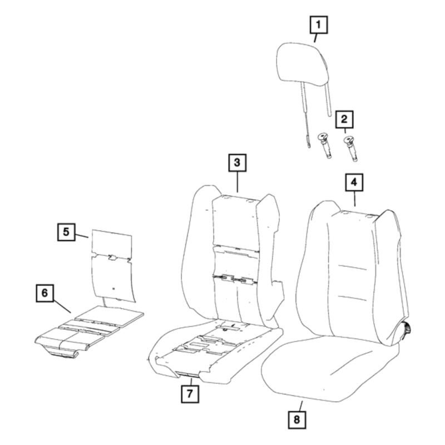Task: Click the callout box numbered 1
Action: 318,25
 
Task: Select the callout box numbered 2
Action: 344,120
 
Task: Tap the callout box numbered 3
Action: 238,163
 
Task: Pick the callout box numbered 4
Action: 354,182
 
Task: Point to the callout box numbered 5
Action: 66,232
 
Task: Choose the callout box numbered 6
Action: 45,293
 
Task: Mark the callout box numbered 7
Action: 190,394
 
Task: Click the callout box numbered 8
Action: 297,420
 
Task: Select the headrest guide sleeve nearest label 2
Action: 350,149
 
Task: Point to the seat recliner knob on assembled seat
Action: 407,329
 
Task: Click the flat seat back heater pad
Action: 113,265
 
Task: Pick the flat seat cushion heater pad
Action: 89,332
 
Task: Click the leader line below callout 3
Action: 238,182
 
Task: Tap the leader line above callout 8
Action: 300,406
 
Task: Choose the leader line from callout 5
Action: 82,235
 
